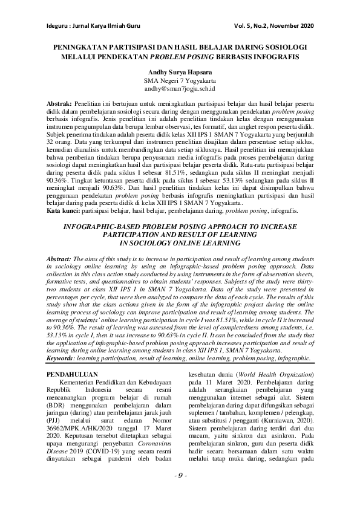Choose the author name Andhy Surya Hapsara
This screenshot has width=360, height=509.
pos(180,71)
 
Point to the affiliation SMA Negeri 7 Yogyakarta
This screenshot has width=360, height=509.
pos(180,80)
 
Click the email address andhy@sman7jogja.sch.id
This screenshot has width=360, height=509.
pos(180,88)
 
